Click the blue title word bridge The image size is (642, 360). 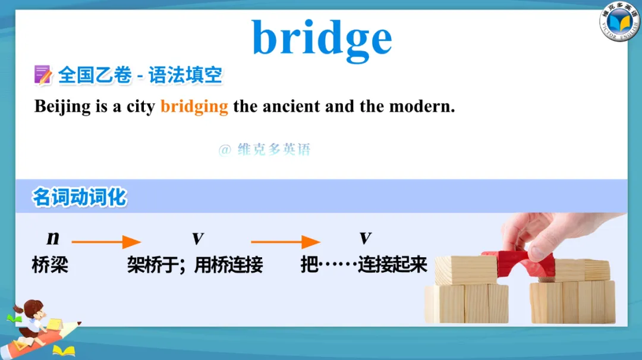pos(322,39)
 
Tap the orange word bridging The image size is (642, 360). pos(194,107)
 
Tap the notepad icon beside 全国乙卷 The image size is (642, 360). pos(43,75)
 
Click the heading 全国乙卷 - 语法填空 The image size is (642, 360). pos(140,75)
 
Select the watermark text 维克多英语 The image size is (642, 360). pos(273,149)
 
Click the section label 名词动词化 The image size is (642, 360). pos(80,197)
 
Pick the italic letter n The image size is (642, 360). pos(53,238)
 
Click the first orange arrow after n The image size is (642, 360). pos(106,242)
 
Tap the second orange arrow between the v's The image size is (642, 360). pos(285,242)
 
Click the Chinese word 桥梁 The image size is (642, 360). pos(50,265)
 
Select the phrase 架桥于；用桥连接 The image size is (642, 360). pos(195,265)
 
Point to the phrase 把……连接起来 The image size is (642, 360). pos(364,265)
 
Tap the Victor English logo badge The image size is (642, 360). pos(619,21)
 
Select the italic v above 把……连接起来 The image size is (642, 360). pos(365,238)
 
